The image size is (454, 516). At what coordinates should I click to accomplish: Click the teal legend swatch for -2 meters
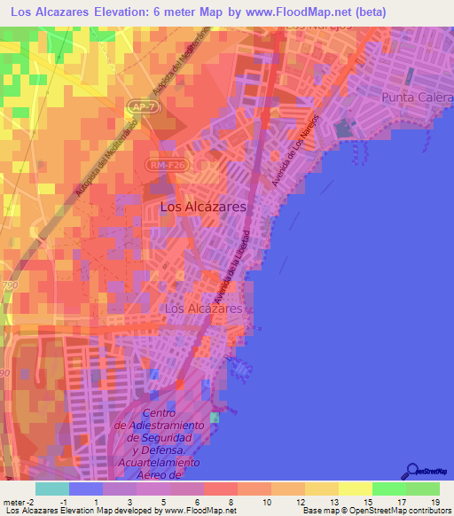coord(51,489)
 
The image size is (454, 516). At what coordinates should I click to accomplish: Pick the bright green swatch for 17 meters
coord(388,489)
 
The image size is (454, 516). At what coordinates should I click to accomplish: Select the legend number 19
coord(434,502)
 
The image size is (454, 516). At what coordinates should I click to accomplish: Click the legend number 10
coord(266,502)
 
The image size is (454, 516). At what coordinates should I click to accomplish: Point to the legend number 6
coord(199,502)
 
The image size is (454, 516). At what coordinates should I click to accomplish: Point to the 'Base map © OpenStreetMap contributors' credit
coord(375,511)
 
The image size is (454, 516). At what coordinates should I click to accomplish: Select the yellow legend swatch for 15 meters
coord(355,489)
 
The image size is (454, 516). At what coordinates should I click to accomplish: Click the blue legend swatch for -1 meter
coord(85,489)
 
